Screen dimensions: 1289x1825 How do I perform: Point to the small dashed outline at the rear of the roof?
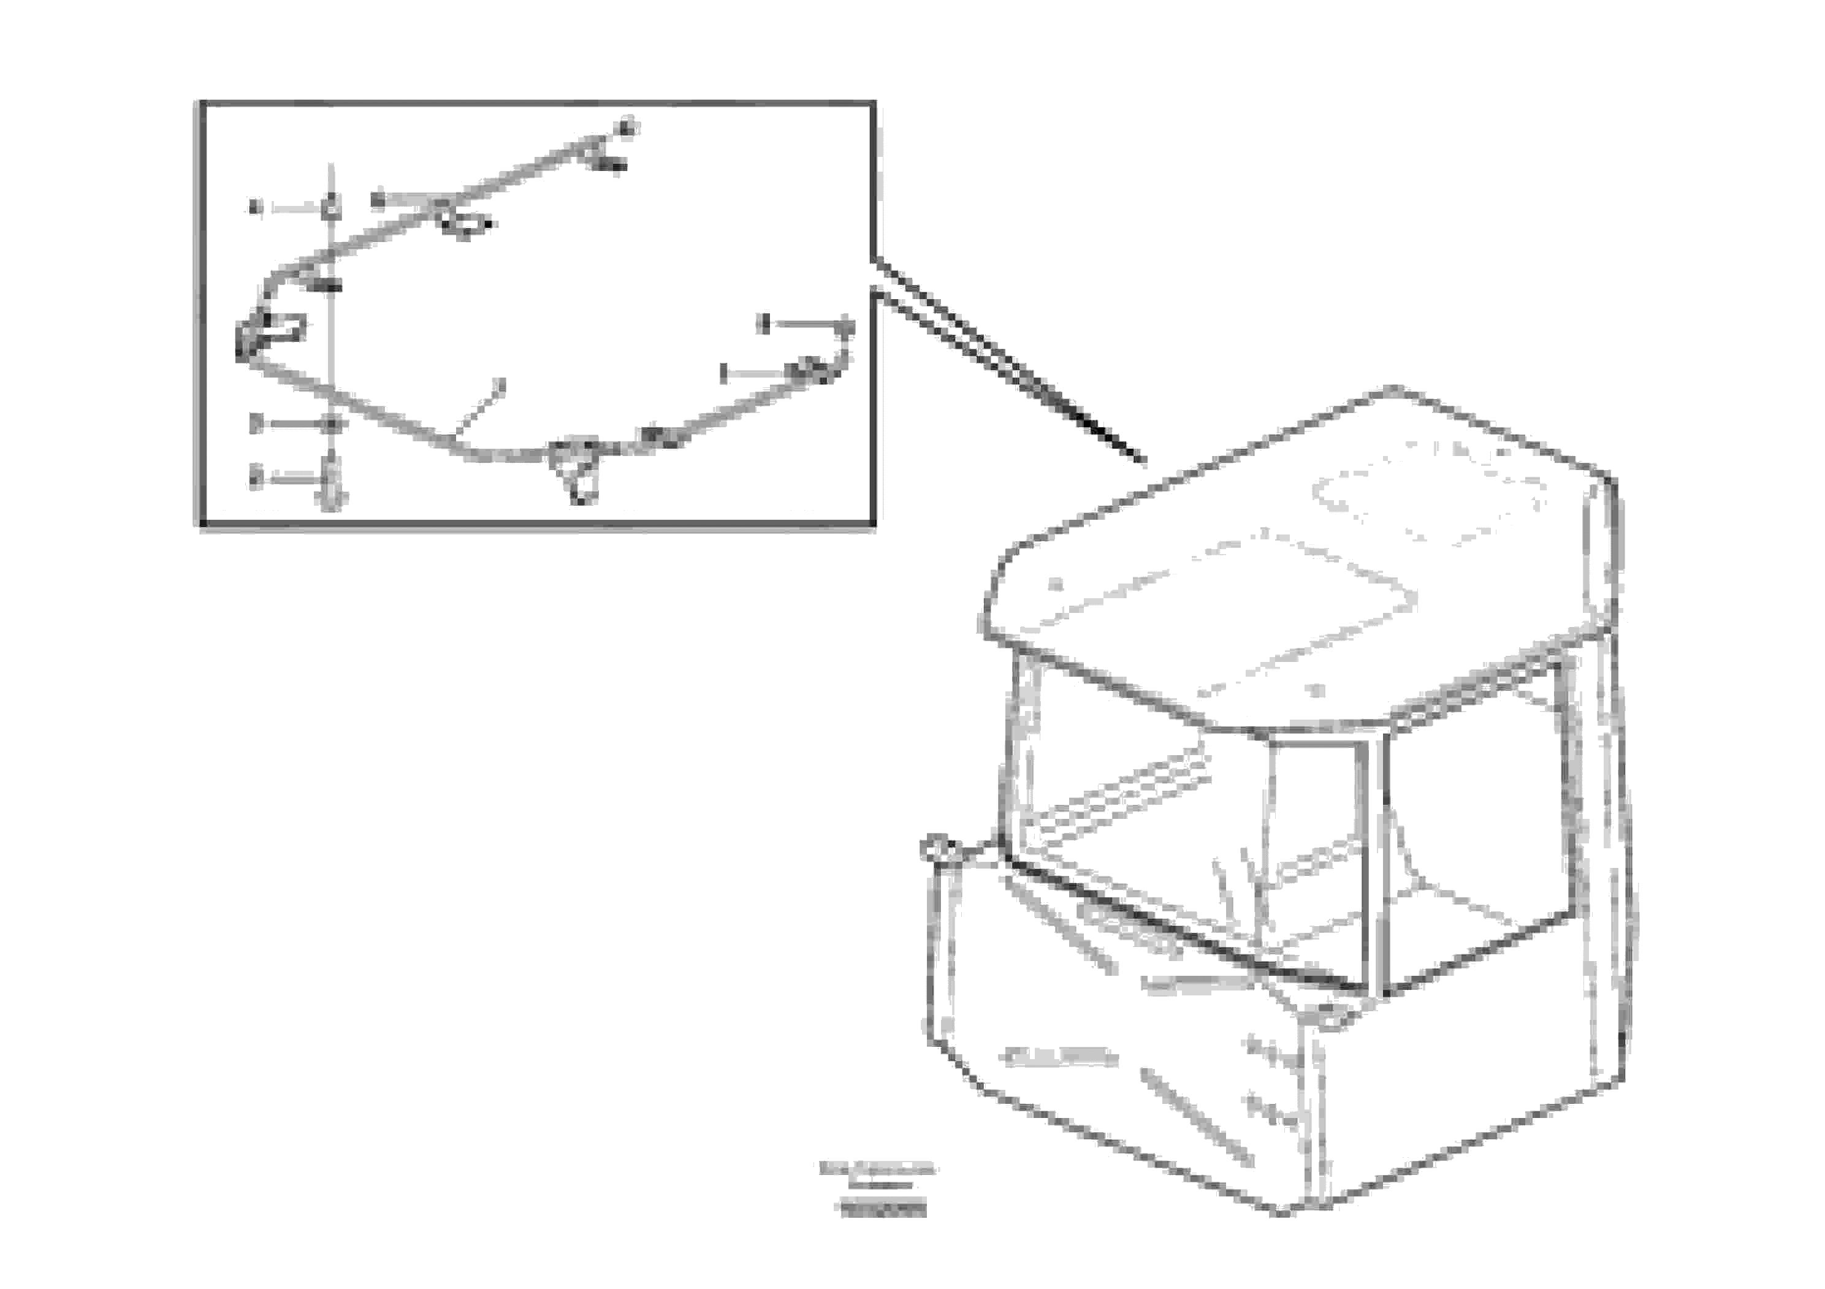pos(1428,496)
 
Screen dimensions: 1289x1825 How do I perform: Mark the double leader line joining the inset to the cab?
pos(1010,362)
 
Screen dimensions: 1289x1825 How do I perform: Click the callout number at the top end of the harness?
pos(628,127)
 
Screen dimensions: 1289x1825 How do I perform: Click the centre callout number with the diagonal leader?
pos(499,385)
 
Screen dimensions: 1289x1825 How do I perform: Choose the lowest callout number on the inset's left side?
pos(255,477)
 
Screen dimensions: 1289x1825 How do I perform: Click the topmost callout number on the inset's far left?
pos(254,208)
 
